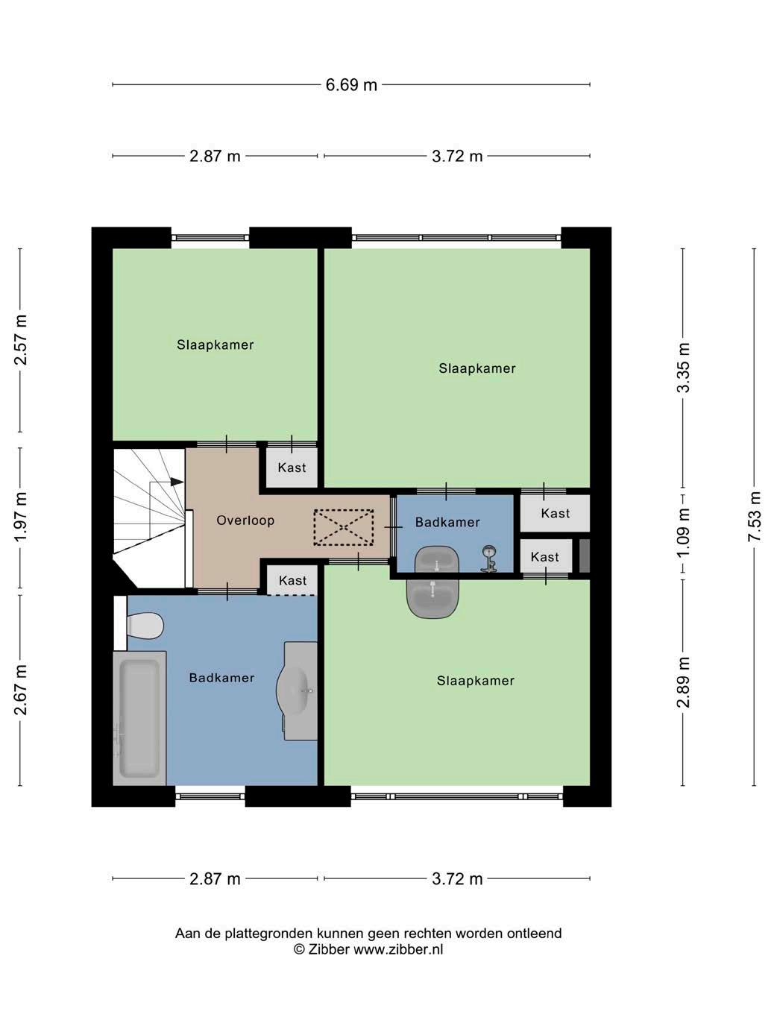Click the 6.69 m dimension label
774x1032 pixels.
click(351, 85)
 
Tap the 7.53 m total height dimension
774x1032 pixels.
click(754, 516)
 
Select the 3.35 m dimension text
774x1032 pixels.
click(683, 367)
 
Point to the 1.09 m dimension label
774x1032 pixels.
click(683, 532)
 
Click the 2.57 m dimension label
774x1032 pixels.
click(20, 340)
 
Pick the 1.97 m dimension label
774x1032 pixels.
click(20, 517)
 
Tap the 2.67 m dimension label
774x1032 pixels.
click(20, 690)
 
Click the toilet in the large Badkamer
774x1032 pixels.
click(145, 626)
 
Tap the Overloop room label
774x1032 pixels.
click(245, 520)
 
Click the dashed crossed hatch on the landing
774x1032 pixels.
click(344, 527)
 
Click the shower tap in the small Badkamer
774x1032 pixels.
click(489, 559)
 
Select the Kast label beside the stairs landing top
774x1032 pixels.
click(292, 468)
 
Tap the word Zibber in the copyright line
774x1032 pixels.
click(329, 949)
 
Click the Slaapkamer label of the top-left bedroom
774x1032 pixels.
click(215, 344)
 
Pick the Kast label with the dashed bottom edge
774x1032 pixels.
click(292, 581)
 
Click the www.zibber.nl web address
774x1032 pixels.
click(398, 949)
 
